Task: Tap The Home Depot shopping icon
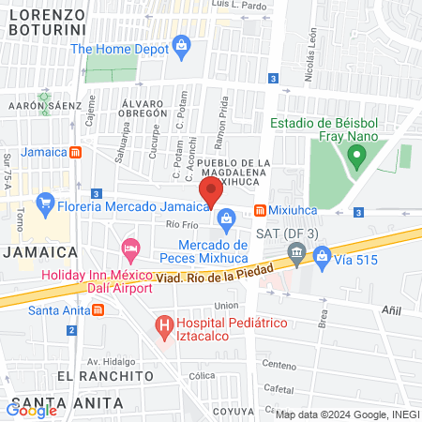tap(182, 44)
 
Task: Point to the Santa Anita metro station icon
tap(87, 310)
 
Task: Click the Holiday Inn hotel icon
tap(130, 251)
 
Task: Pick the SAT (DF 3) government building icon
tap(296, 251)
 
